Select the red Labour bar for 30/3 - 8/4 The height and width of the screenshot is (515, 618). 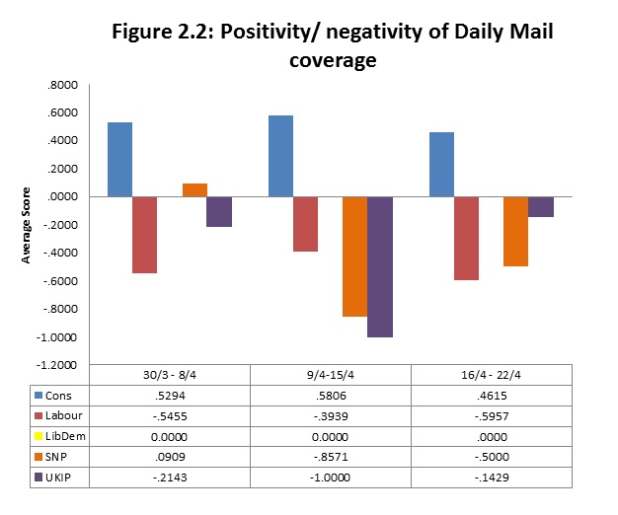point(145,235)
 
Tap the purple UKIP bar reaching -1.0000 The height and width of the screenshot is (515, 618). point(379,266)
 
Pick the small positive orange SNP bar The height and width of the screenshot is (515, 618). point(194,190)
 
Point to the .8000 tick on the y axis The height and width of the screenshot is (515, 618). point(61,85)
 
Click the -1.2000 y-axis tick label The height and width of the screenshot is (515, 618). point(58,366)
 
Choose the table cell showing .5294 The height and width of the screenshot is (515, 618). point(170,395)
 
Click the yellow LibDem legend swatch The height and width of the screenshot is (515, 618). point(38,437)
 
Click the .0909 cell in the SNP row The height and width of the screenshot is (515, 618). point(170,458)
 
